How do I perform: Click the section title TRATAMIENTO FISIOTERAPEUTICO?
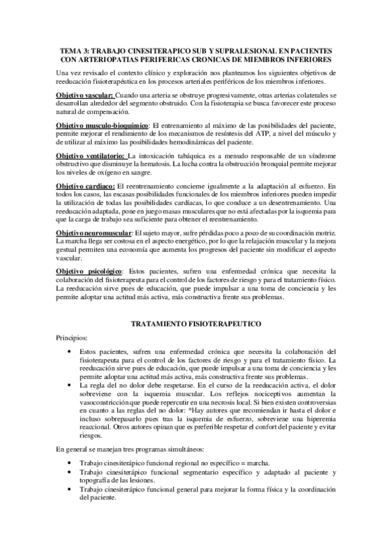coord(196,323)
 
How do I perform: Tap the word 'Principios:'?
coord(71,338)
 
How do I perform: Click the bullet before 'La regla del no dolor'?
coord(70,386)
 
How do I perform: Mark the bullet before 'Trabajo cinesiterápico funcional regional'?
coord(70,462)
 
